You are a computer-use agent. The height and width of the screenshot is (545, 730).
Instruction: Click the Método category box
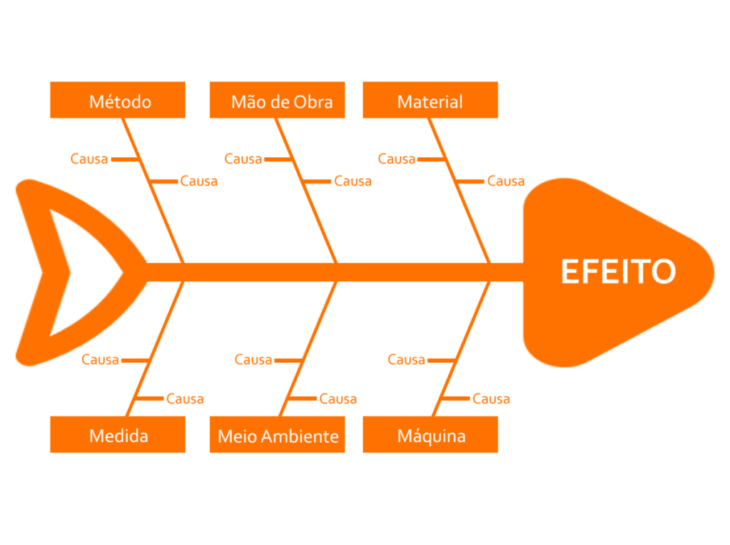[118, 101]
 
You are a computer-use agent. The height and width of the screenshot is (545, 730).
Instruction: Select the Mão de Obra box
[278, 101]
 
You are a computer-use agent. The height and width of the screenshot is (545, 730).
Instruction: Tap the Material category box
[430, 101]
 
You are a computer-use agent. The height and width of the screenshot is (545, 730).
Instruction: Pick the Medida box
[118, 435]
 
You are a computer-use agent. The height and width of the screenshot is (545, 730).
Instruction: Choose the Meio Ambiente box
[278, 435]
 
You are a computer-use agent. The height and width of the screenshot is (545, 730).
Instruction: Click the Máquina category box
[430, 435]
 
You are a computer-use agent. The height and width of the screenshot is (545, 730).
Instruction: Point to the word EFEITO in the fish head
[618, 272]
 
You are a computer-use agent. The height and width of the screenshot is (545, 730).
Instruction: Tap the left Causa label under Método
[89, 159]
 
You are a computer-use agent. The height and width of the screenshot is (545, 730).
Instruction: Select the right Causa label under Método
[199, 181]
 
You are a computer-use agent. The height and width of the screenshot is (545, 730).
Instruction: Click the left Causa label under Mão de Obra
[243, 159]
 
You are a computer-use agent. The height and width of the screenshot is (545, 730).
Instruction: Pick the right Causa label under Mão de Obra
[353, 181]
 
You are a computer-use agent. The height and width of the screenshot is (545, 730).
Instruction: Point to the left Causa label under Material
[397, 159]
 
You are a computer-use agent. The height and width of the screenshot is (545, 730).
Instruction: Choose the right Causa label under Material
[506, 181]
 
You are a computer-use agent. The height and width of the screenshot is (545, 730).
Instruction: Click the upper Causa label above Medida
[101, 359]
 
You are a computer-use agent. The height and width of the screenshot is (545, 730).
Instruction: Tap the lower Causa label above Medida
[186, 399]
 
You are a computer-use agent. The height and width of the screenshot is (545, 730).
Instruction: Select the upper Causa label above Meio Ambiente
[254, 359]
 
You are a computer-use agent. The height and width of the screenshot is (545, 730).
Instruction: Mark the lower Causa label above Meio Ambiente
[338, 399]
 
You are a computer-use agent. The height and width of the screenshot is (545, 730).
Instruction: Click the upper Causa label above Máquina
[407, 359]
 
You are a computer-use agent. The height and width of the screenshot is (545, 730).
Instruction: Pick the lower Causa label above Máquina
[492, 399]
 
